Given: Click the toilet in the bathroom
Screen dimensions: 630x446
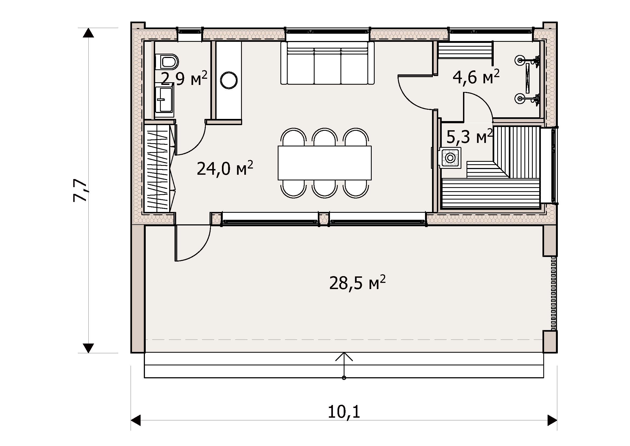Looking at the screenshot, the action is pyautogui.click(x=167, y=61).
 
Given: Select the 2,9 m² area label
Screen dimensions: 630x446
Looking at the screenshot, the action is pyautogui.click(x=184, y=78).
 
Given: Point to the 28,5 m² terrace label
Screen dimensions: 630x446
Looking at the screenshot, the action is pyautogui.click(x=357, y=283).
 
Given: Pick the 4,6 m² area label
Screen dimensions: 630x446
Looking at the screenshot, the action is pyautogui.click(x=476, y=77).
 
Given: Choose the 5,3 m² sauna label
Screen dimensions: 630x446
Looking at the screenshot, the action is pyautogui.click(x=470, y=136).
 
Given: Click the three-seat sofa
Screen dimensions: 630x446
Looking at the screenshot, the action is pyautogui.click(x=327, y=63).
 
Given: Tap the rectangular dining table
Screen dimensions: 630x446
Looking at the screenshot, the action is pyautogui.click(x=325, y=163).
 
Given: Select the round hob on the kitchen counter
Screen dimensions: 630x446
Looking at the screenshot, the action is pyautogui.click(x=229, y=80).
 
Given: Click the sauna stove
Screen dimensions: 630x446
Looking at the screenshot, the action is pyautogui.click(x=450, y=158).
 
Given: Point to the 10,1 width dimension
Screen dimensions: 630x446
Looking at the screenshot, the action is pyautogui.click(x=344, y=412).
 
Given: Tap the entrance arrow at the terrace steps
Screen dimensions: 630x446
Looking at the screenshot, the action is pyautogui.click(x=344, y=365).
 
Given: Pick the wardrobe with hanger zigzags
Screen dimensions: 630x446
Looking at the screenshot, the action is pyautogui.click(x=159, y=168).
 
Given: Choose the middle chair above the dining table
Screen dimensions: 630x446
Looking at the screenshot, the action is pyautogui.click(x=325, y=136).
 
